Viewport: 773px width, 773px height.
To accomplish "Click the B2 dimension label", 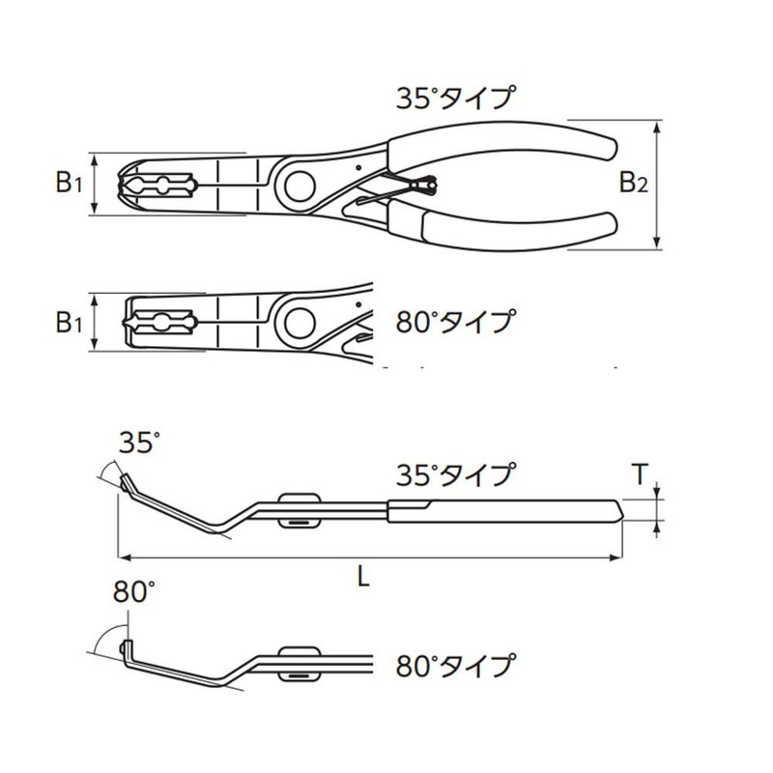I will tap(632, 182).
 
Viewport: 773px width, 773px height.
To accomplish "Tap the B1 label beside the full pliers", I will tap(68, 182).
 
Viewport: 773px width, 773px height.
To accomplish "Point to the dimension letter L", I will tap(362, 577).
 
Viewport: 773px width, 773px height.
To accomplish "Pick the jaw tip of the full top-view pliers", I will tap(125, 183).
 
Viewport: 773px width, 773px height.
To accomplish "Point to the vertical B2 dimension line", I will tap(658, 184).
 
